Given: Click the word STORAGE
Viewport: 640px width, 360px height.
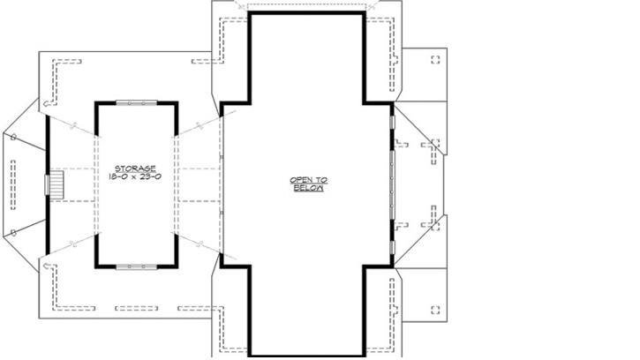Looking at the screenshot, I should (x=135, y=168).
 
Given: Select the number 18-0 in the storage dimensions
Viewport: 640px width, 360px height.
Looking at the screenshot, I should (x=118, y=176).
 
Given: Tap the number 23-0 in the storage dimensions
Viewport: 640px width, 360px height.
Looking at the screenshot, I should (x=150, y=176).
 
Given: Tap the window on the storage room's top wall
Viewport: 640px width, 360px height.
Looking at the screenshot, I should (x=135, y=102).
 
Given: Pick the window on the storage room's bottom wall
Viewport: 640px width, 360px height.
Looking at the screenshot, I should (x=135, y=265).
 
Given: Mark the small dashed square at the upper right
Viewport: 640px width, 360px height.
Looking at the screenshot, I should (x=434, y=59).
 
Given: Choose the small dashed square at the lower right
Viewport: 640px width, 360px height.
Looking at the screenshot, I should (x=434, y=309).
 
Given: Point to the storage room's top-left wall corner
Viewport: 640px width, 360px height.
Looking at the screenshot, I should (x=96, y=103).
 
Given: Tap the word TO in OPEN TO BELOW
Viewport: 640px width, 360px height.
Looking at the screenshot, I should (x=319, y=180).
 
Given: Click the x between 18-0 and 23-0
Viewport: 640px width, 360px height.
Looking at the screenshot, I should (x=134, y=176).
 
